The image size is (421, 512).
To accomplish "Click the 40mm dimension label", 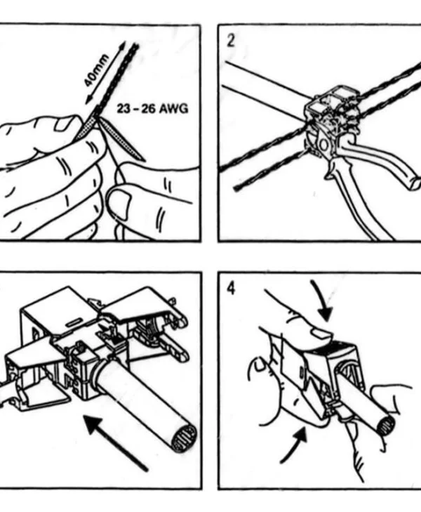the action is point(96,71).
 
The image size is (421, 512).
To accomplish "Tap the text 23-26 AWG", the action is point(153,108).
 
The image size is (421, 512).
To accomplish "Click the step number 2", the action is point(231,41).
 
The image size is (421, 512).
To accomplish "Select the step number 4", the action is point(231,289).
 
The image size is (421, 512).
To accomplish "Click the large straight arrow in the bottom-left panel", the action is point(116,442).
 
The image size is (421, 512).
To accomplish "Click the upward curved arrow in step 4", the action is point(294,446).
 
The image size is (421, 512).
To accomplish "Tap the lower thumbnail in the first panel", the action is point(117,204).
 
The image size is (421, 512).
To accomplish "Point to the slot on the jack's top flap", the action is point(74,322).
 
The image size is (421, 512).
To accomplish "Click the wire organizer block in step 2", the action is point(331,108).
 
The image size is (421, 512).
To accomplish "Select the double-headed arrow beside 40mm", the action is point(106,74).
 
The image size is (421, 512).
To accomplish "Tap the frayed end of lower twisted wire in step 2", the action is point(236,188).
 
